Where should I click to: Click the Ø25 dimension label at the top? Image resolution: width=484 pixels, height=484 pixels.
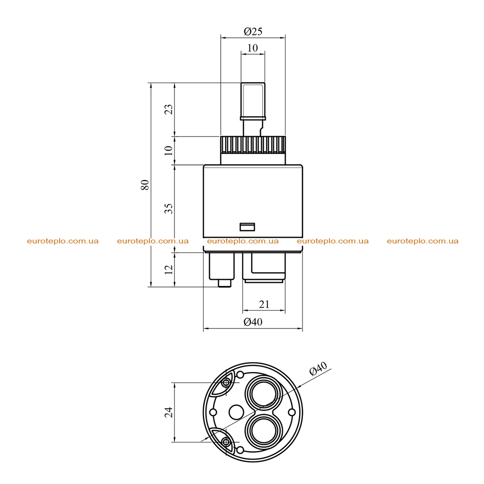click(x=253, y=31)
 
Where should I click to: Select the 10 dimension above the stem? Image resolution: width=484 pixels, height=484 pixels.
click(x=252, y=48)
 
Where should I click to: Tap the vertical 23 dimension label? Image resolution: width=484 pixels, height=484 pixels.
click(x=169, y=110)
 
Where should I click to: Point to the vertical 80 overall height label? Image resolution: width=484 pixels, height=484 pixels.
click(x=145, y=185)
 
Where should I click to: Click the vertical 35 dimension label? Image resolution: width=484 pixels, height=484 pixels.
click(x=169, y=208)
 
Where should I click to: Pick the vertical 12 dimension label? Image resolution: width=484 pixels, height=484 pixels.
click(x=169, y=269)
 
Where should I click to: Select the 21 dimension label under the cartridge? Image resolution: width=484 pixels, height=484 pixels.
click(x=264, y=304)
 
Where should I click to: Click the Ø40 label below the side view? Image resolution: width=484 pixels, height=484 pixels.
click(x=253, y=322)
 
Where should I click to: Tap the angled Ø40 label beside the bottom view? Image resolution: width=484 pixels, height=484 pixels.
click(x=318, y=368)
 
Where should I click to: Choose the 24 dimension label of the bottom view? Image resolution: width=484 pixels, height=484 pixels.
click(x=169, y=412)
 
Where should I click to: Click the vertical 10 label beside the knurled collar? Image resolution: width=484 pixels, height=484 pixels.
click(x=169, y=151)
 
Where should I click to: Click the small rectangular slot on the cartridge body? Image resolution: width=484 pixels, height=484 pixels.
click(x=247, y=227)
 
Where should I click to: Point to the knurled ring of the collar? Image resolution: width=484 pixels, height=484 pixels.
click(x=253, y=145)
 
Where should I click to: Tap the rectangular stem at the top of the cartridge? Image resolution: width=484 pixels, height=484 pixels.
click(x=253, y=101)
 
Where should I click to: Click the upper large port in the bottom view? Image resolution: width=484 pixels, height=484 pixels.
click(x=264, y=393)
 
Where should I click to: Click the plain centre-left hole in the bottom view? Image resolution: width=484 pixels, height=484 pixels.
click(x=236, y=412)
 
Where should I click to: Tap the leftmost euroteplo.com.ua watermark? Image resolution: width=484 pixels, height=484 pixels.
click(x=63, y=241)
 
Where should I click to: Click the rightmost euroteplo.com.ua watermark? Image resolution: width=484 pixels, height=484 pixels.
click(x=423, y=241)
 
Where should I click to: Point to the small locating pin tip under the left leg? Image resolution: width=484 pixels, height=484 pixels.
click(x=225, y=284)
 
